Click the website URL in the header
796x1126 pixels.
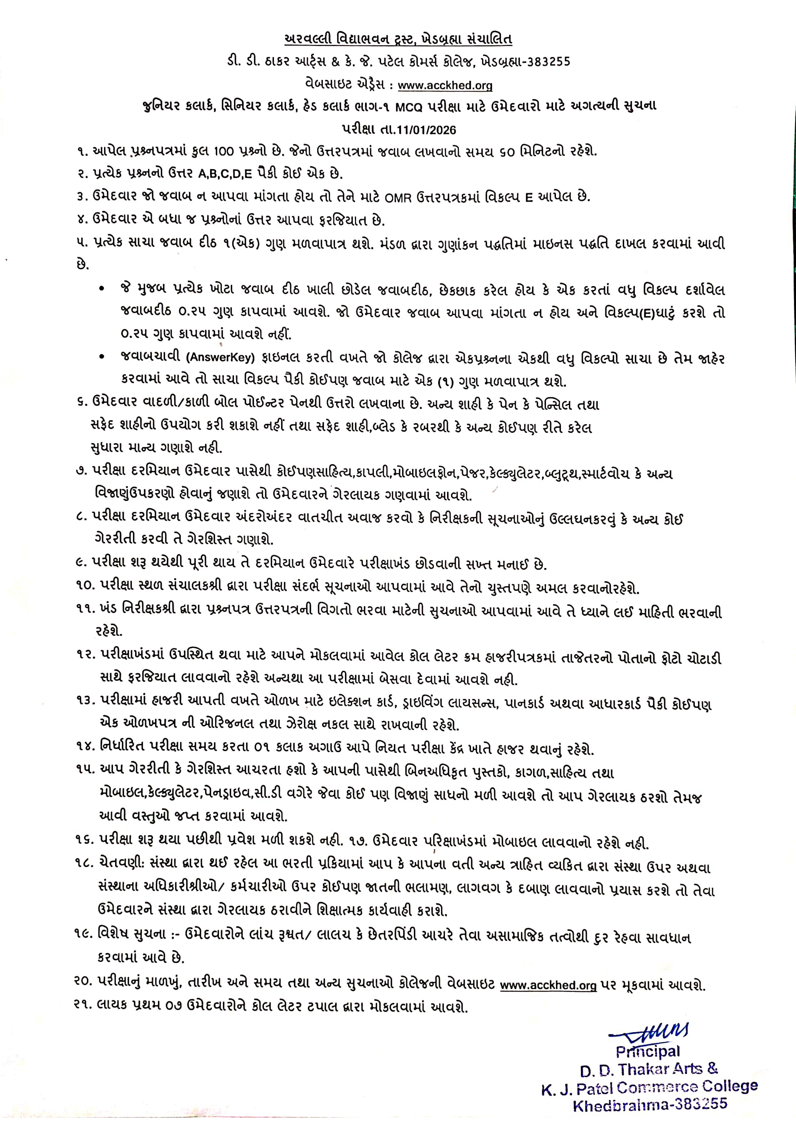445,85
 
